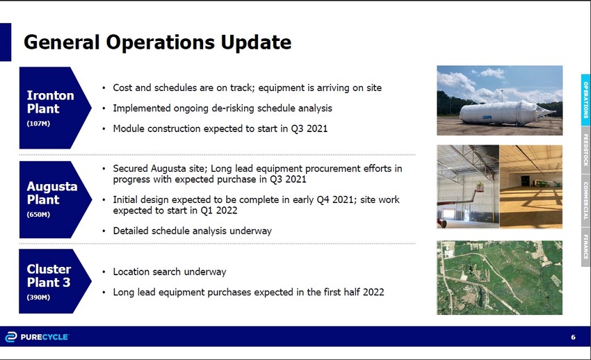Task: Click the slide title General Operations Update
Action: (157, 42)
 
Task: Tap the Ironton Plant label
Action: (50, 102)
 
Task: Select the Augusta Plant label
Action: (52, 193)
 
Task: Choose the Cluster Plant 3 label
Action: (49, 276)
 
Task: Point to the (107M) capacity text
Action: (38, 124)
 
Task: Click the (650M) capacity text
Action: (38, 214)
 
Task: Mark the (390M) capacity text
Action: (38, 297)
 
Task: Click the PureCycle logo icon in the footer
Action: (11, 337)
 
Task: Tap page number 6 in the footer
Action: (573, 337)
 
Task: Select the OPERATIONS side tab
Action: (585, 100)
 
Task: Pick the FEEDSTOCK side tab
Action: (585, 150)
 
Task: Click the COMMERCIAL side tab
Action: (585, 201)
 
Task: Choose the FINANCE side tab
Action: (585, 247)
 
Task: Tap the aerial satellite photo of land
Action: (499, 277)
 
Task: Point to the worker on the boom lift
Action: (480, 187)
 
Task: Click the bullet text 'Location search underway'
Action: (170, 272)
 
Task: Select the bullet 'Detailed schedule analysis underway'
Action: (192, 231)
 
